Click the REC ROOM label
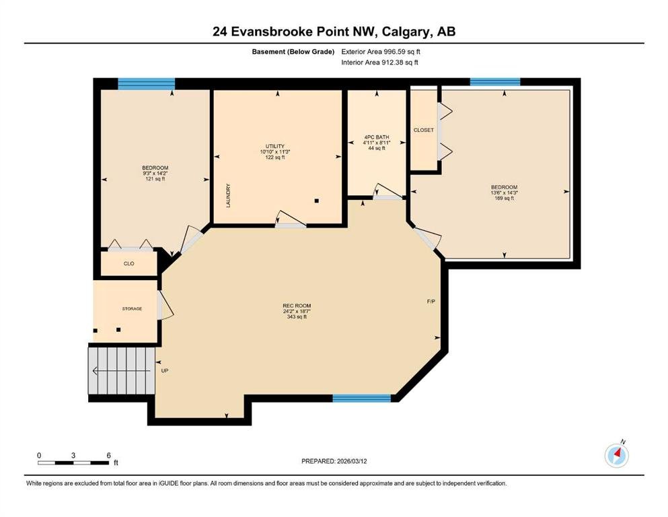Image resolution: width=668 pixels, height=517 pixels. tap(297, 306)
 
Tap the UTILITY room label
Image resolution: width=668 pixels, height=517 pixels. tap(274, 146)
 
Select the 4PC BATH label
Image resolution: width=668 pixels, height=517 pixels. tap(377, 137)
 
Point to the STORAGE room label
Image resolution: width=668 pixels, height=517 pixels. tap(132, 308)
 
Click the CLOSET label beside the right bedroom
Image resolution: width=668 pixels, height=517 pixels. tap(423, 130)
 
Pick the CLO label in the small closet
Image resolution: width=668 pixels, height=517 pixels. tap(128, 264)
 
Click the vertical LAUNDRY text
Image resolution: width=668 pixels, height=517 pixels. tap(228, 196)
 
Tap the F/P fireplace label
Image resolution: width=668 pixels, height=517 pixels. tap(431, 302)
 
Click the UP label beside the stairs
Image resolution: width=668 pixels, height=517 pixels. tap(165, 371)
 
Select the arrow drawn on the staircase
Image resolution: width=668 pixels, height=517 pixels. tap(121, 371)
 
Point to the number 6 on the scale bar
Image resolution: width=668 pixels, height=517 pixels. tap(108, 455)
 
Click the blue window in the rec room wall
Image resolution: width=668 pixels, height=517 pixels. tap(361, 398)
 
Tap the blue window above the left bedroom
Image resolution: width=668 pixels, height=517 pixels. tap(146, 83)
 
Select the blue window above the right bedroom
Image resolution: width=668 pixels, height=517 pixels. tap(495, 82)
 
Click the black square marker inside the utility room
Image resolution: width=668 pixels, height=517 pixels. tap(317, 201)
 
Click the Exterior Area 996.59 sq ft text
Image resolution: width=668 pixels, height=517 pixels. tap(381, 52)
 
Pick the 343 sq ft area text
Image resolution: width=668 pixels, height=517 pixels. tap(297, 316)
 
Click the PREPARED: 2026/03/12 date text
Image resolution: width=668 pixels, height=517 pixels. tap(334, 461)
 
